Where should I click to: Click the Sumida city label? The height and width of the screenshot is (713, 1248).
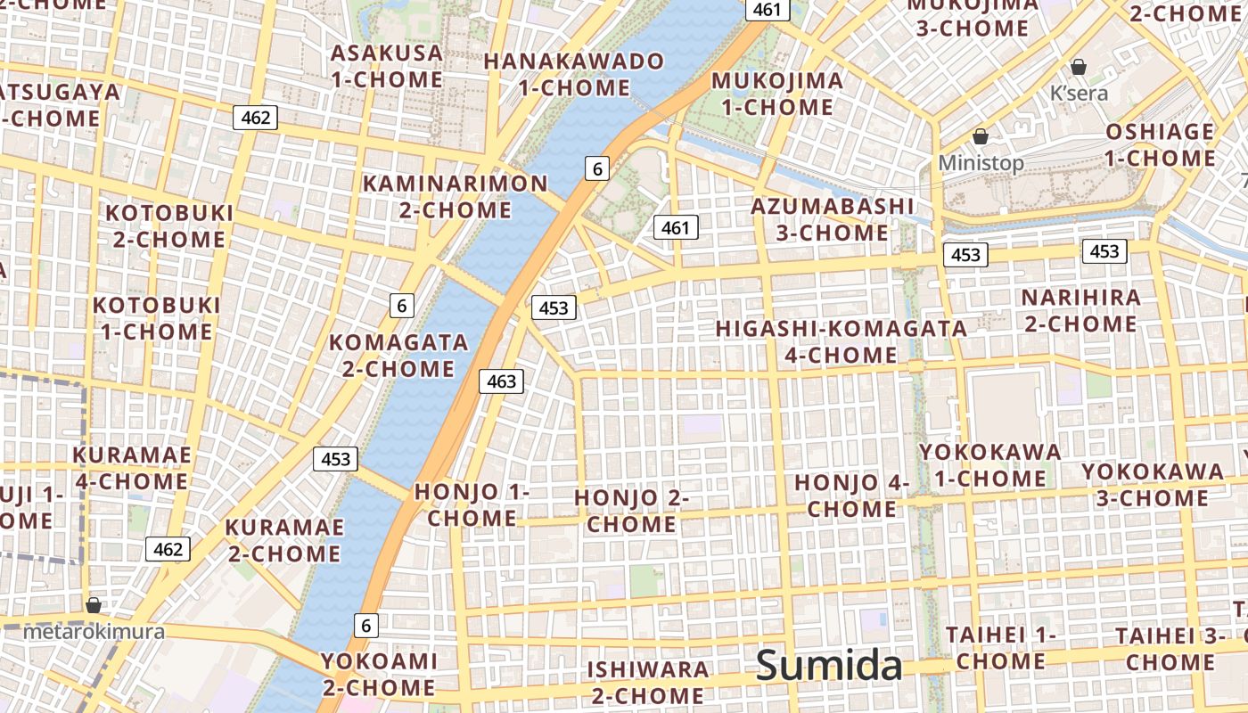point(829,666)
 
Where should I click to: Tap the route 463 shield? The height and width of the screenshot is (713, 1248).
point(502,381)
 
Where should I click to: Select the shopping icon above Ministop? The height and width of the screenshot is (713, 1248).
point(981,136)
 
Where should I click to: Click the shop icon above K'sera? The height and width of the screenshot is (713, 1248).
point(1079,67)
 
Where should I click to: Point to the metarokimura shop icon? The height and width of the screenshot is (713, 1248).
point(94,606)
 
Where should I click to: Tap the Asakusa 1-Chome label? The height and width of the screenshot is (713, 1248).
point(387,66)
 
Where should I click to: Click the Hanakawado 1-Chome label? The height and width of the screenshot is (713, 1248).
point(574,74)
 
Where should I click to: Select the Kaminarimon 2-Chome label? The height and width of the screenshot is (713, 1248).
point(455,197)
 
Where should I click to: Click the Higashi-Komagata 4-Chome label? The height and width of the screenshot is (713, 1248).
point(841,341)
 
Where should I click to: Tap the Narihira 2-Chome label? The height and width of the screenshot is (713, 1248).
point(1080,310)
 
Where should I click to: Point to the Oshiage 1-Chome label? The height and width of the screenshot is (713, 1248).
point(1160,145)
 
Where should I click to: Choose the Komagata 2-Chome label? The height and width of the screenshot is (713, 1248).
point(398,355)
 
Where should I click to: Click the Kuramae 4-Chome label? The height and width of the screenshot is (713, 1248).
point(131,468)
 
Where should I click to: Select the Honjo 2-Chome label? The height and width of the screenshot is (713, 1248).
point(631,511)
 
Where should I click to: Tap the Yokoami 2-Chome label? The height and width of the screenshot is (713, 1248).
point(379,674)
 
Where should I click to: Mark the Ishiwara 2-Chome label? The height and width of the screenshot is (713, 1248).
point(648,682)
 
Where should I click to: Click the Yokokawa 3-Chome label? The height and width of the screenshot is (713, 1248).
point(1152,484)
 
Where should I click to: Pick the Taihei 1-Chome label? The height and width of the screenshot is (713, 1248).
point(1001,648)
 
